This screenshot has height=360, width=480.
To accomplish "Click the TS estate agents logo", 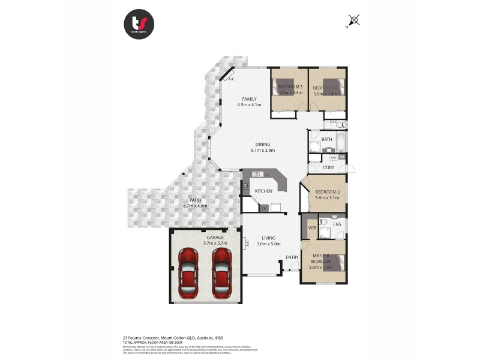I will (x=139, y=24).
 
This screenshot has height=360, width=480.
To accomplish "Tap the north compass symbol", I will (x=354, y=20).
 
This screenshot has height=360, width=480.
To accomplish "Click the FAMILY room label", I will (x=249, y=98).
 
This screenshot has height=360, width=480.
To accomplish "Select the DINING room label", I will (x=262, y=144).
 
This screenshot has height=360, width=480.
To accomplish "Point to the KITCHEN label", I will (x=263, y=191).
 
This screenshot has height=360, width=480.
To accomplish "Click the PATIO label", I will (x=195, y=200).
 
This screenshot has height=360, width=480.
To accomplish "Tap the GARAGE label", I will (x=215, y=237).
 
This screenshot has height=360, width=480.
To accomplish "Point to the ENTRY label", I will (x=292, y=257).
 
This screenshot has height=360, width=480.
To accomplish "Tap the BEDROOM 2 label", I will (x=328, y=192).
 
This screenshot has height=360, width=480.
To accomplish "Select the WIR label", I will (x=312, y=228).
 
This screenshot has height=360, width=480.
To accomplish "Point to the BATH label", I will (x=326, y=139).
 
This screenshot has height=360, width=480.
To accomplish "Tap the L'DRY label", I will (x=328, y=167).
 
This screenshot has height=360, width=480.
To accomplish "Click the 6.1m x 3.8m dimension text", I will (x=262, y=150).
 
